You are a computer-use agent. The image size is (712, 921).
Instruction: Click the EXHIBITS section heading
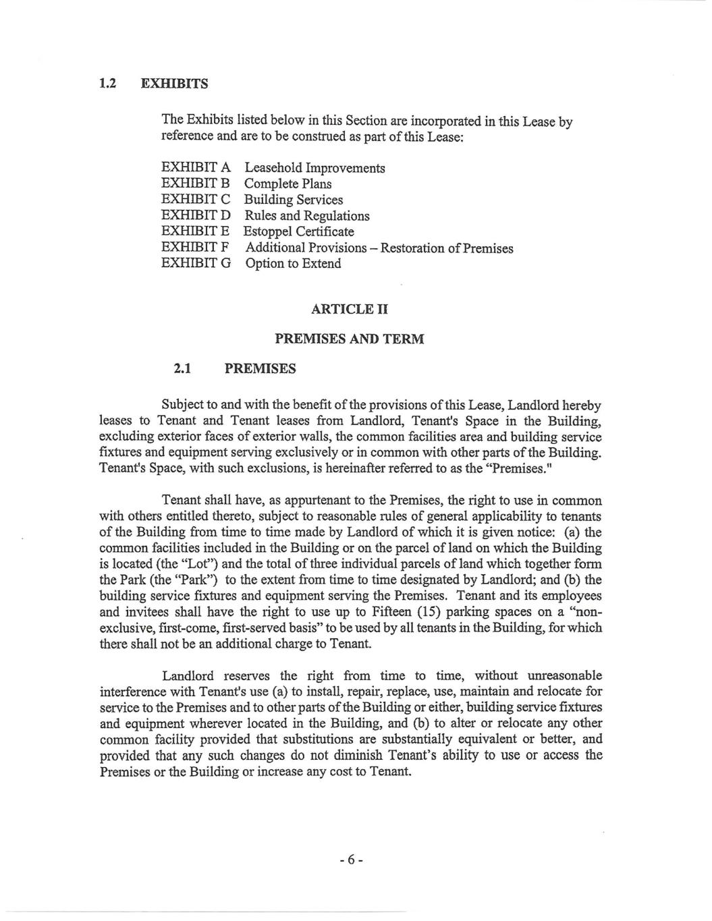tap(174, 84)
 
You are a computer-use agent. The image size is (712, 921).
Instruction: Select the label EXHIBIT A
tap(196, 168)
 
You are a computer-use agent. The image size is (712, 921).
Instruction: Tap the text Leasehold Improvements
tap(314, 168)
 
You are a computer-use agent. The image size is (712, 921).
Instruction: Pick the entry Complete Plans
tap(287, 184)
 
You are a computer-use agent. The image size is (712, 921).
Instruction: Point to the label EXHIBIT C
tap(196, 200)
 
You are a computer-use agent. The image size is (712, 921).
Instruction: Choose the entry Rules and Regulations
tap(306, 216)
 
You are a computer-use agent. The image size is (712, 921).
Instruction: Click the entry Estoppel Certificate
tap(299, 232)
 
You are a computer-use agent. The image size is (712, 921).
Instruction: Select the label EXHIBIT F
tap(196, 248)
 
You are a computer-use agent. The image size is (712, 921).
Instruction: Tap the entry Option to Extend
tap(292, 264)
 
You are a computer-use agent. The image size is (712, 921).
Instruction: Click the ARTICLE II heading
tap(349, 310)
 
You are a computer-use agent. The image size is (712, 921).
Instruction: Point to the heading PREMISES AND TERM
tap(349, 339)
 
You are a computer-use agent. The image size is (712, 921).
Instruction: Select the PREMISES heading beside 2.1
tap(259, 369)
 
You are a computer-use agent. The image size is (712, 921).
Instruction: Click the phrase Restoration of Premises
tap(447, 248)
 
